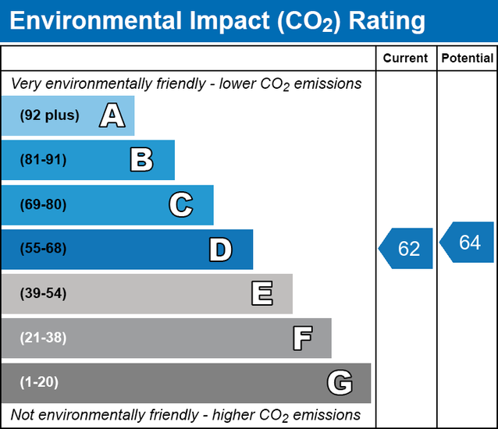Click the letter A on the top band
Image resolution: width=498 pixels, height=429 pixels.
(x=112, y=116)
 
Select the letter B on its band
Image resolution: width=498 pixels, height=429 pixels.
(x=141, y=160)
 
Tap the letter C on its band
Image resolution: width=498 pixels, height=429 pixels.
(x=180, y=205)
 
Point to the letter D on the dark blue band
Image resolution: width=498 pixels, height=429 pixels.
(x=220, y=250)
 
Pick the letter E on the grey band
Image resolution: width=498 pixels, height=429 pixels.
(x=261, y=294)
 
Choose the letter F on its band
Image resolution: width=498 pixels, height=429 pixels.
(x=302, y=339)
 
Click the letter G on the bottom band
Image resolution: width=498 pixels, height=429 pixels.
(x=340, y=383)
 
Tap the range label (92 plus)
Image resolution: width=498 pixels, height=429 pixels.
(x=50, y=115)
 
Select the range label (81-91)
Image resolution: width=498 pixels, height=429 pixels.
(x=44, y=160)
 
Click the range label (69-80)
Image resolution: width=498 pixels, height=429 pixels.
(x=44, y=205)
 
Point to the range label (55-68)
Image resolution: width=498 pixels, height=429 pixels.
(x=44, y=250)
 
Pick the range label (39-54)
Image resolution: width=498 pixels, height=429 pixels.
(x=44, y=294)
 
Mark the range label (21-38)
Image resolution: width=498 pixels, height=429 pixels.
(x=44, y=339)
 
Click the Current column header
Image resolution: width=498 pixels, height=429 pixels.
(x=406, y=58)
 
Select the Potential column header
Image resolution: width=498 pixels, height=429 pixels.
(x=467, y=58)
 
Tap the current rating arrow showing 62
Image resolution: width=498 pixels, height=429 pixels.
(x=407, y=249)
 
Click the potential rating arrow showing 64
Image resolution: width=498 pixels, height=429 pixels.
(x=468, y=243)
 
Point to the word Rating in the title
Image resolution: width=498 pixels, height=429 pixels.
(x=388, y=21)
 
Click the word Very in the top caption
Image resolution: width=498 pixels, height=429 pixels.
(x=26, y=83)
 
